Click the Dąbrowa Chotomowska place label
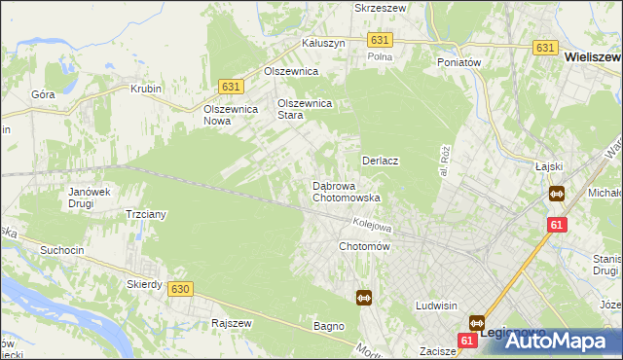[346, 191]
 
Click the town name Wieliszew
[593, 57]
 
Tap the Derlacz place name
[382, 160]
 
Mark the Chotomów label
[363, 247]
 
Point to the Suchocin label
[63, 250]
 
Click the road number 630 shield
[178, 289]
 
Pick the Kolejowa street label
[372, 225]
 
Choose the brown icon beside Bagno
[364, 298]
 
